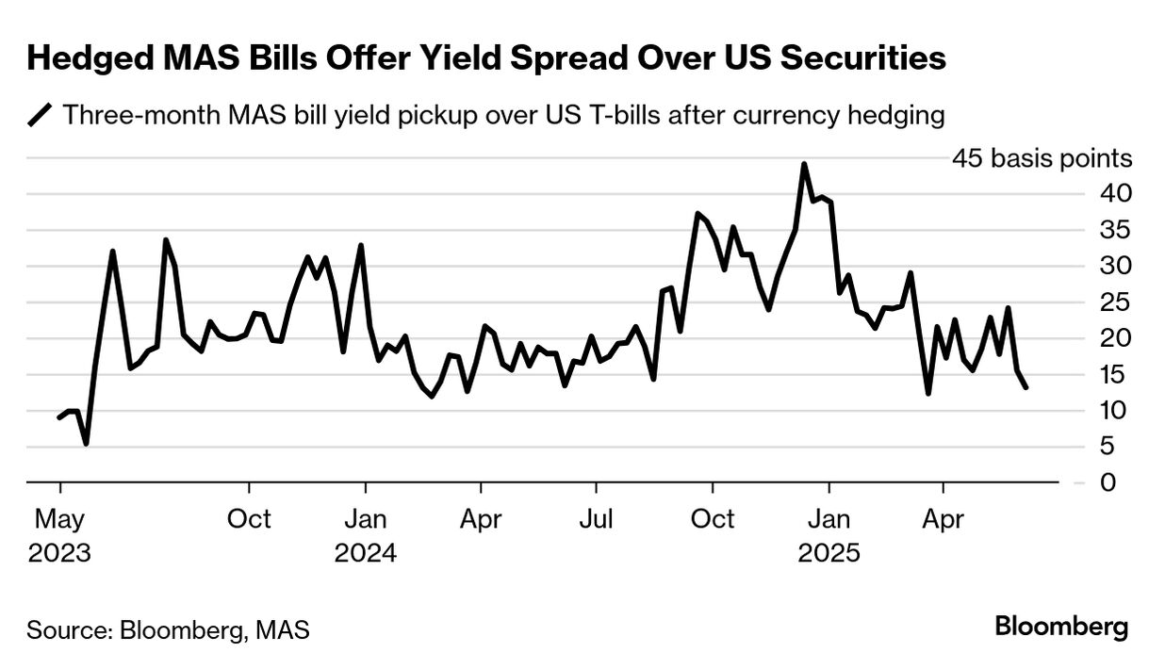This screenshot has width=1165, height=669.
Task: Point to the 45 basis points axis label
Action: point(1042,158)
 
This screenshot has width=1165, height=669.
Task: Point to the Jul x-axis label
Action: point(596,519)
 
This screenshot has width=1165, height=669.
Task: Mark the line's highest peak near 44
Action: point(804,164)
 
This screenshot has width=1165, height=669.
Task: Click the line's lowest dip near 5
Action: point(87,443)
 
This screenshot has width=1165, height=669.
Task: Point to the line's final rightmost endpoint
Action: point(1026,387)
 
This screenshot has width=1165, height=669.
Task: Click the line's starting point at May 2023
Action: point(59,417)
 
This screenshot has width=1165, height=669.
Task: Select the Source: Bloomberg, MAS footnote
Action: point(168,629)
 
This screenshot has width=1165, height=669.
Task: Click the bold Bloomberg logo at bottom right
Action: point(1061,627)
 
